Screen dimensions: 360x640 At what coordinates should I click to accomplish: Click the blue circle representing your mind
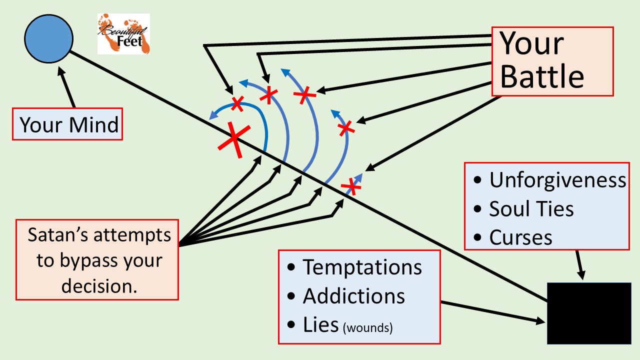[48, 39]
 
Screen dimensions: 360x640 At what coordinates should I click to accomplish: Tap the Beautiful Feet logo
[123, 34]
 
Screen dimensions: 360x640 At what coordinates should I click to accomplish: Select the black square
[588, 313]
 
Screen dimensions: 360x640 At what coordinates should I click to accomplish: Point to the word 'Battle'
[542, 77]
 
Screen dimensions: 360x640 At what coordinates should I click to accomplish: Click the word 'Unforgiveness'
[557, 180]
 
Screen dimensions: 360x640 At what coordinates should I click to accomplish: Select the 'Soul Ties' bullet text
[531, 209]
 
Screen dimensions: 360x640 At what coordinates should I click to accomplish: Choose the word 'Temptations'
[362, 267]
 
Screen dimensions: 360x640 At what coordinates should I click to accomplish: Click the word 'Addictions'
[353, 296]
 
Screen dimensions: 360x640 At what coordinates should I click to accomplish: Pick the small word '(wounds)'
[367, 328]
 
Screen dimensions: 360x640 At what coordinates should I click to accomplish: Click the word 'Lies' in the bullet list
[320, 325]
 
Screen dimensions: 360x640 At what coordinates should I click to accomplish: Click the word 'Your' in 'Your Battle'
[532, 44]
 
